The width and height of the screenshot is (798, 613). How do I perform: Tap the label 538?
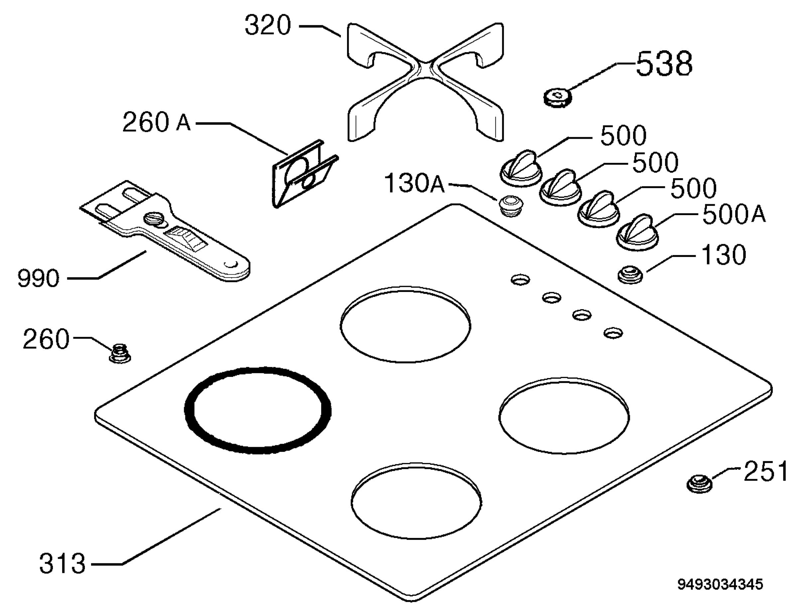(664, 64)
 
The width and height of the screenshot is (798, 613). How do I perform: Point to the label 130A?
(415, 183)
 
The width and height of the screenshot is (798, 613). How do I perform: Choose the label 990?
(38, 278)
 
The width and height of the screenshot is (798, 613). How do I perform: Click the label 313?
(63, 564)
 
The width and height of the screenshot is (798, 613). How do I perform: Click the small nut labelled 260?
(120, 353)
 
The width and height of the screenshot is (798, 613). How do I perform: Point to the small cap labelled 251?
(699, 483)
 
